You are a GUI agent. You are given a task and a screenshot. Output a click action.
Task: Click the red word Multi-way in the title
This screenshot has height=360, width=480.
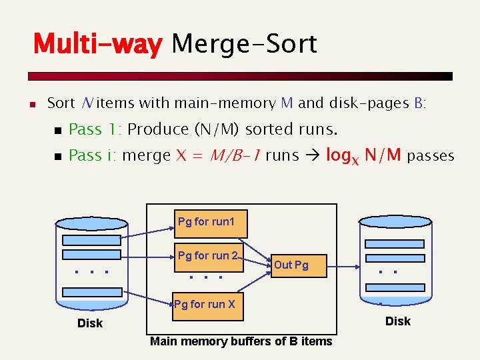click(x=98, y=45)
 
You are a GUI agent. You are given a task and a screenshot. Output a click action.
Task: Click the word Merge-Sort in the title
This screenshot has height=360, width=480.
click(x=244, y=45)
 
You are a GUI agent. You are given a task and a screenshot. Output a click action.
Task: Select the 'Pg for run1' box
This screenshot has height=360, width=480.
click(x=206, y=223)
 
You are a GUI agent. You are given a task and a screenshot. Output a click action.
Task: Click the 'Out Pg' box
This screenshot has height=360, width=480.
click(x=291, y=265)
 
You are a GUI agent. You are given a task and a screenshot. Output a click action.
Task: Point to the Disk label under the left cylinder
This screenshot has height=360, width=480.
click(x=90, y=323)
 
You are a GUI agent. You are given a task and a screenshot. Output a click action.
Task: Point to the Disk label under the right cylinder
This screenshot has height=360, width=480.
click(x=398, y=321)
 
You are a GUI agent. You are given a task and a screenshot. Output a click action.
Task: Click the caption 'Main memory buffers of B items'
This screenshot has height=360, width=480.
click(x=241, y=341)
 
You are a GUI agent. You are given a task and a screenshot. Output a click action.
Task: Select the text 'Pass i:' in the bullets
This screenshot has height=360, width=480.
click(x=95, y=156)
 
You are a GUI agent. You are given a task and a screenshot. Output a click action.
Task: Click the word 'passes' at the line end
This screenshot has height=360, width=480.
click(x=431, y=157)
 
